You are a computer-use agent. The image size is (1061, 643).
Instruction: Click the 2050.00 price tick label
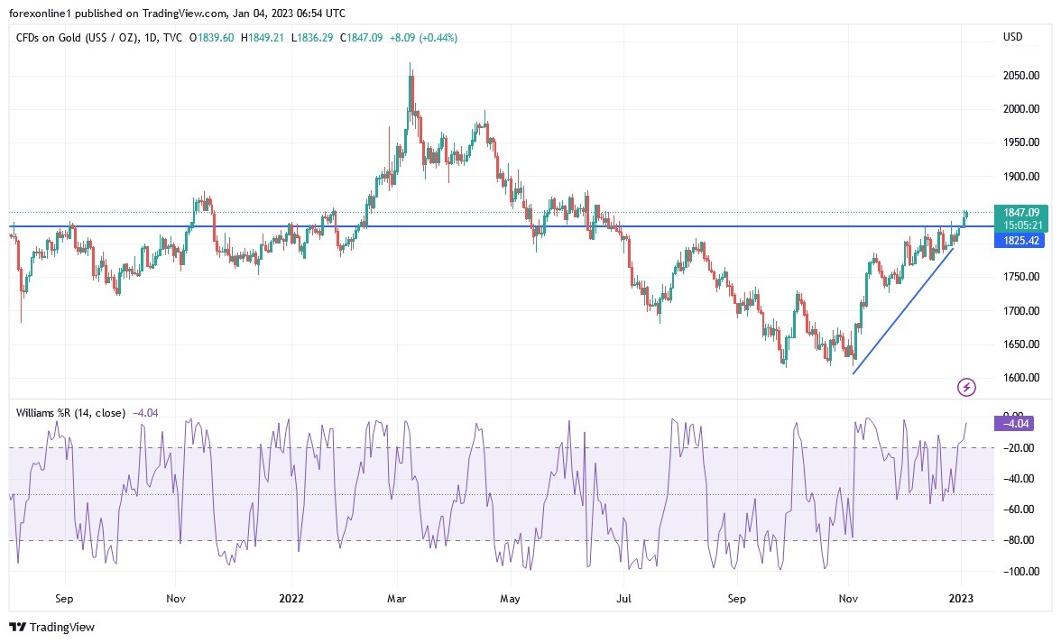(x=1020, y=76)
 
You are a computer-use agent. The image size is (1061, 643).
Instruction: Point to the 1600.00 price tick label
(x=1020, y=378)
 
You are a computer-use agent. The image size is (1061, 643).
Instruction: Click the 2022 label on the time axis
(x=291, y=598)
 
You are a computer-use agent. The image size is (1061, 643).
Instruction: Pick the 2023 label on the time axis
(x=963, y=598)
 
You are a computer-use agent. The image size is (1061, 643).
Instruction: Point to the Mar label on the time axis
(x=398, y=598)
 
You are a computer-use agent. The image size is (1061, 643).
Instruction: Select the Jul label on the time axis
(x=623, y=598)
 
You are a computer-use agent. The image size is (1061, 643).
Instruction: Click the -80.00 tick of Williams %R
(x=1018, y=540)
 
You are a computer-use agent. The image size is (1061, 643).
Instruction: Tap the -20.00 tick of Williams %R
(x=1018, y=448)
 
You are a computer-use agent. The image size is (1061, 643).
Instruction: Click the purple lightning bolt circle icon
(x=966, y=388)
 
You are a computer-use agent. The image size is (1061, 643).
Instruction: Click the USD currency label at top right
(x=1012, y=37)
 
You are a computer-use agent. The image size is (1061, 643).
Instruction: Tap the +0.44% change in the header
(x=438, y=38)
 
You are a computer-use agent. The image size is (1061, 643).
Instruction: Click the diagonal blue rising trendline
(x=902, y=309)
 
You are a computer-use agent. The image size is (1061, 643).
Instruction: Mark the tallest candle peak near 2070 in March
(x=411, y=65)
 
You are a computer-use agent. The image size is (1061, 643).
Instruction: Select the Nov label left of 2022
(x=176, y=598)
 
